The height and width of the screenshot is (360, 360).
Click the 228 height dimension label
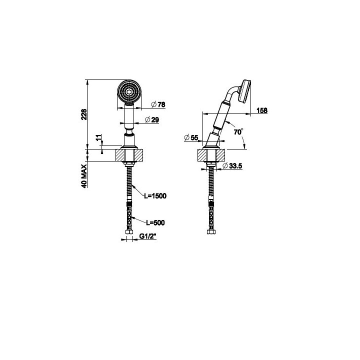click(x=84, y=114)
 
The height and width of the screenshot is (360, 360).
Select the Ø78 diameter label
click(x=158, y=104)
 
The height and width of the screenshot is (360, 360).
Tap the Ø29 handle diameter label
click(x=152, y=119)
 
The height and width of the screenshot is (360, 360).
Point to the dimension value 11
click(x=98, y=138)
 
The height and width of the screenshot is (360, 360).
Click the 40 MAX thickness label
click(x=84, y=176)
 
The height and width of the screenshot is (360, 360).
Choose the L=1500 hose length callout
click(x=155, y=196)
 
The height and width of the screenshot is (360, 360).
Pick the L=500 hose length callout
click(x=155, y=222)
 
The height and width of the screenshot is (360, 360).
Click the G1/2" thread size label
click(x=148, y=236)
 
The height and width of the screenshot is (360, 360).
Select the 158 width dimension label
click(x=262, y=110)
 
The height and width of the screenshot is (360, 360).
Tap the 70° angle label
click(x=238, y=132)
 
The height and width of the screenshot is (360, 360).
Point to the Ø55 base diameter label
click(x=191, y=138)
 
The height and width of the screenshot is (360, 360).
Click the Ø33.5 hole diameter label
click(x=232, y=165)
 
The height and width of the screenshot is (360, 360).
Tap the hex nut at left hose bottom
click(x=129, y=232)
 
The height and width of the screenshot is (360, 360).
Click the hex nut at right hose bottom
click(x=211, y=232)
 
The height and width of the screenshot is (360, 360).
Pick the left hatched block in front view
click(x=121, y=155)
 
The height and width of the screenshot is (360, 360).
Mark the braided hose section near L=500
click(x=129, y=216)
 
